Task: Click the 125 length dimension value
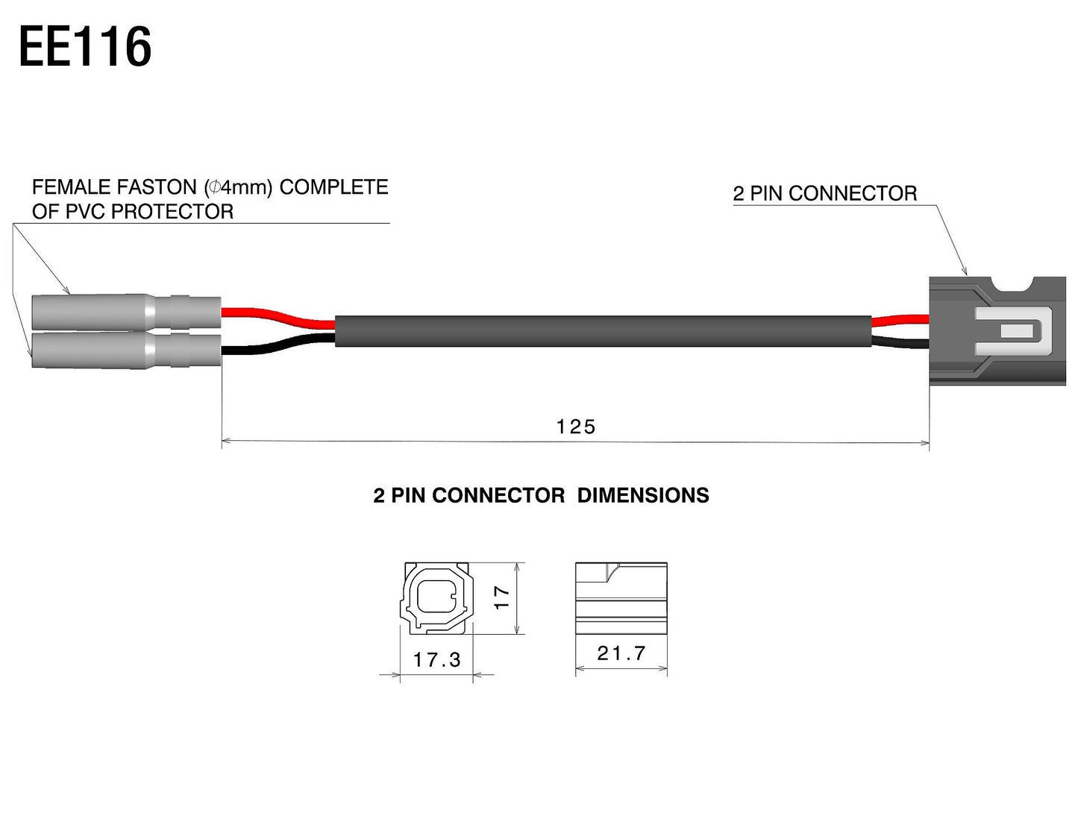[576, 427]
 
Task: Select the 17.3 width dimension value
[436, 659]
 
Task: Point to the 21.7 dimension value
[621, 653]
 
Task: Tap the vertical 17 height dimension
[502, 597]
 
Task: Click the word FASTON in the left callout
[157, 187]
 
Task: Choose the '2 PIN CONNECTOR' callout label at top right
[824, 194]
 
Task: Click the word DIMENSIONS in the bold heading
[643, 495]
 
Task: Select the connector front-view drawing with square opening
[438, 597]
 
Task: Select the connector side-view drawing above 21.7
[621, 597]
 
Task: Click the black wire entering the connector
[900, 342]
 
